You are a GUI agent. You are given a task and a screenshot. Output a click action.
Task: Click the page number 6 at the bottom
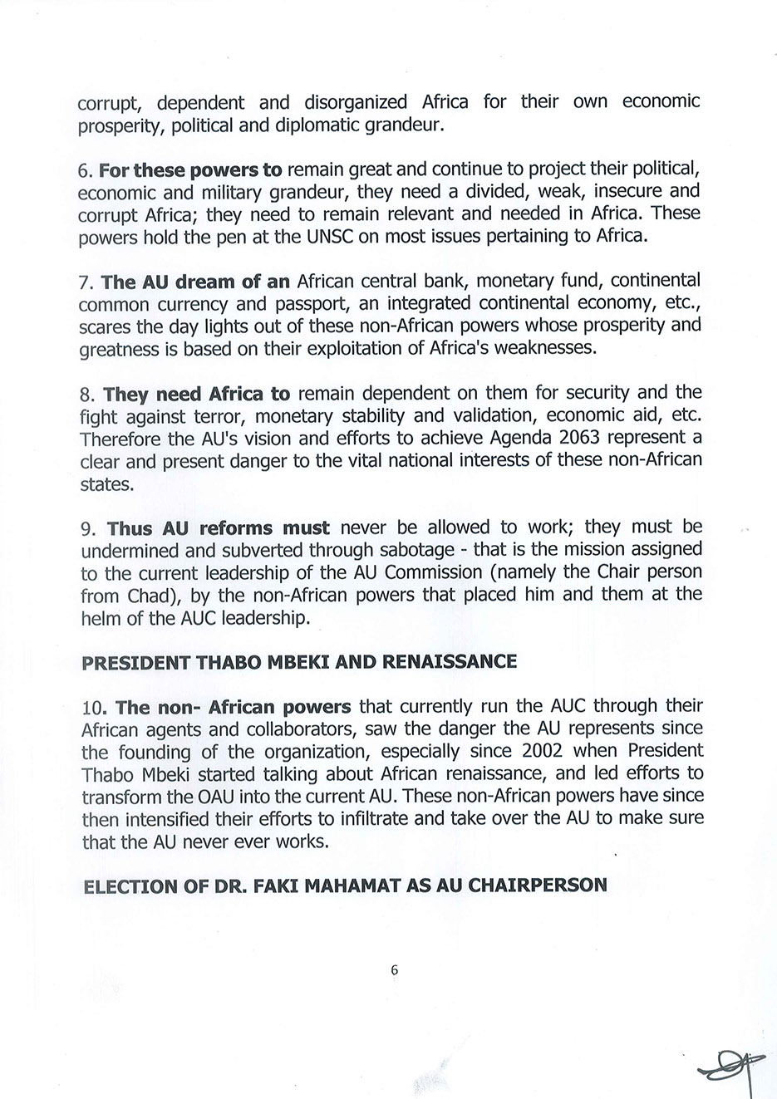point(394,969)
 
